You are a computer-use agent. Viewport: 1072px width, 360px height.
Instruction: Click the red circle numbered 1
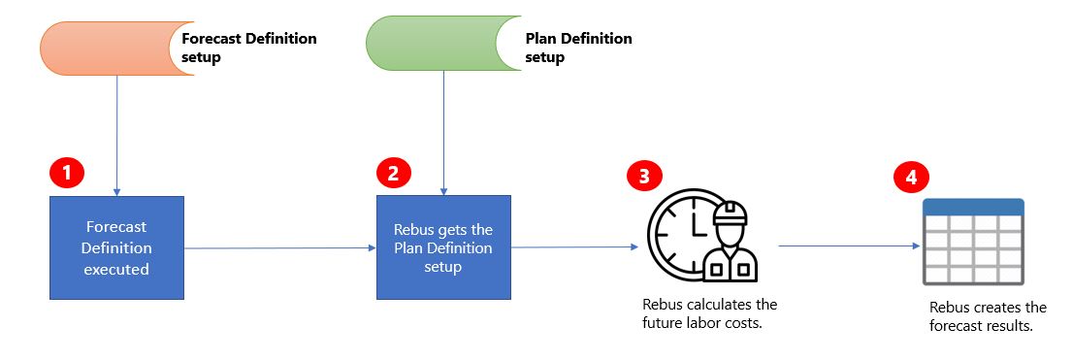pos(67,174)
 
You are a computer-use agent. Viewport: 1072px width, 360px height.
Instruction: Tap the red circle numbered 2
pos(393,174)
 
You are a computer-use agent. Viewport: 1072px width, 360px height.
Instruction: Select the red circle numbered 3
pos(644,177)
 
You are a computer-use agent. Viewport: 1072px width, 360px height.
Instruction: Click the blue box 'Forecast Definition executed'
pos(115,247)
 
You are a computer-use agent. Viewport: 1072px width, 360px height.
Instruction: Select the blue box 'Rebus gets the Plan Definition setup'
pos(443,247)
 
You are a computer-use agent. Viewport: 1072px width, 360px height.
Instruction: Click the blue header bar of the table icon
pos(973,207)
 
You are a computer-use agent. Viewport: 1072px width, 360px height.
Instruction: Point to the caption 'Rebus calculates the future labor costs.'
pos(709,313)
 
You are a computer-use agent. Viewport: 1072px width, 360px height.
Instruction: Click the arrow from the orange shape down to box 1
pos(116,136)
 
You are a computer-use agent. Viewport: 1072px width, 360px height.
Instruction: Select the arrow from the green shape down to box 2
pos(443,136)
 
